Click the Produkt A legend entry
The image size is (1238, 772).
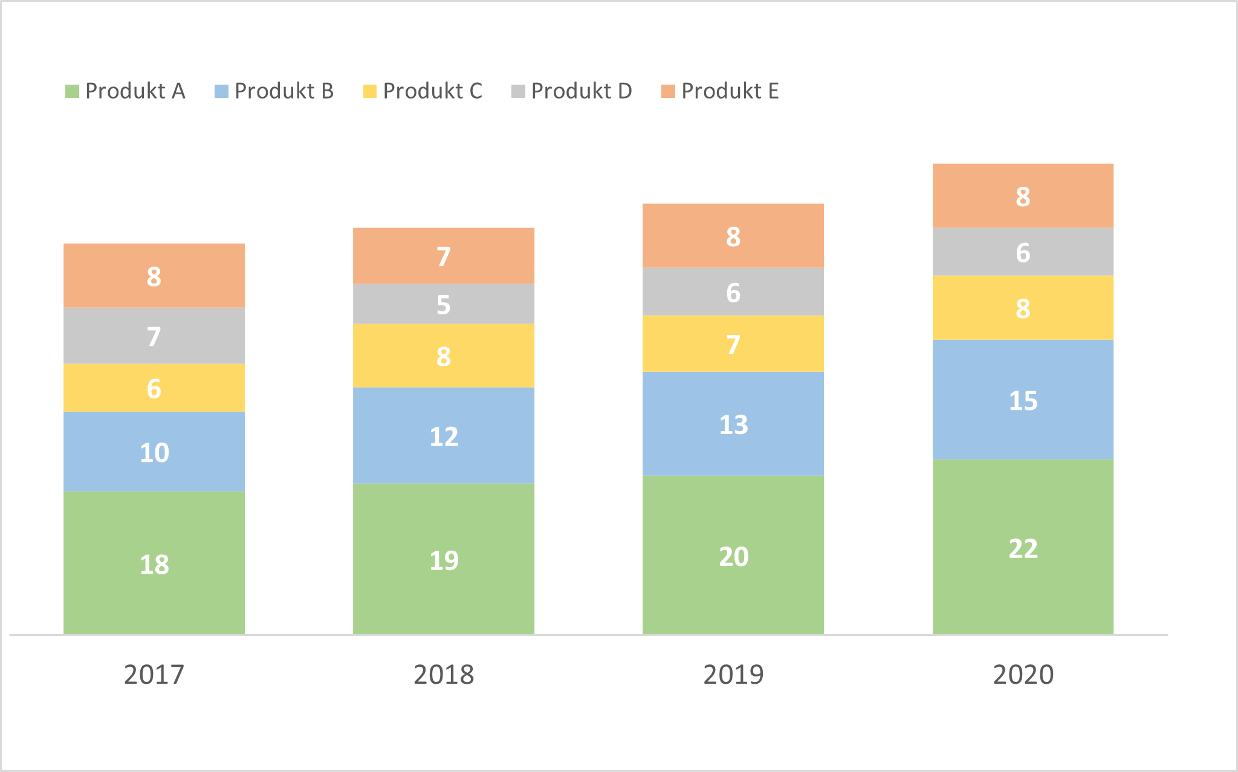125,91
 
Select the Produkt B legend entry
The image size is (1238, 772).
274,91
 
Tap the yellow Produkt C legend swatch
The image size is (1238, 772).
370,91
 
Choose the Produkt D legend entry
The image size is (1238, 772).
571,91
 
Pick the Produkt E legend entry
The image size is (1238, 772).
720,91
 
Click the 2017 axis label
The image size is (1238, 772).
154,675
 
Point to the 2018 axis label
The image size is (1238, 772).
444,675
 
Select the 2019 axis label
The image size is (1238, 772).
733,675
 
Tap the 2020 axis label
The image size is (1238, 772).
1023,675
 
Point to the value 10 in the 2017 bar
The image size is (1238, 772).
154,453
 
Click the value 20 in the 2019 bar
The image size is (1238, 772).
733,557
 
